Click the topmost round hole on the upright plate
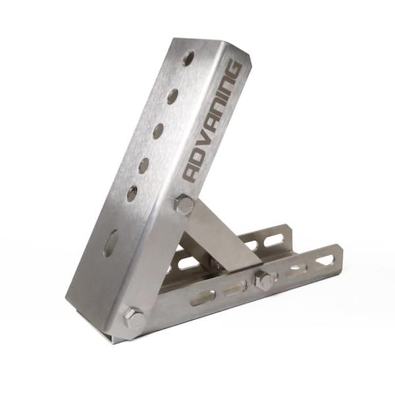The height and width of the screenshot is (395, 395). click(x=188, y=58)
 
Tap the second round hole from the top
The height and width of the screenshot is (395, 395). click(x=172, y=96)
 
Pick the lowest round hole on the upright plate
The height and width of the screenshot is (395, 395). click(x=132, y=194)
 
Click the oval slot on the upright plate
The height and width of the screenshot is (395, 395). click(x=111, y=243)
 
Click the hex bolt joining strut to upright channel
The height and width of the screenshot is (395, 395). click(x=184, y=205)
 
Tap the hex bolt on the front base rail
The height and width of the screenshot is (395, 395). click(x=265, y=280)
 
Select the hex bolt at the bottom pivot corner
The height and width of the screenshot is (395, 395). click(x=133, y=321)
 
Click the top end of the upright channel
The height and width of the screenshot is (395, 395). click(x=211, y=45)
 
